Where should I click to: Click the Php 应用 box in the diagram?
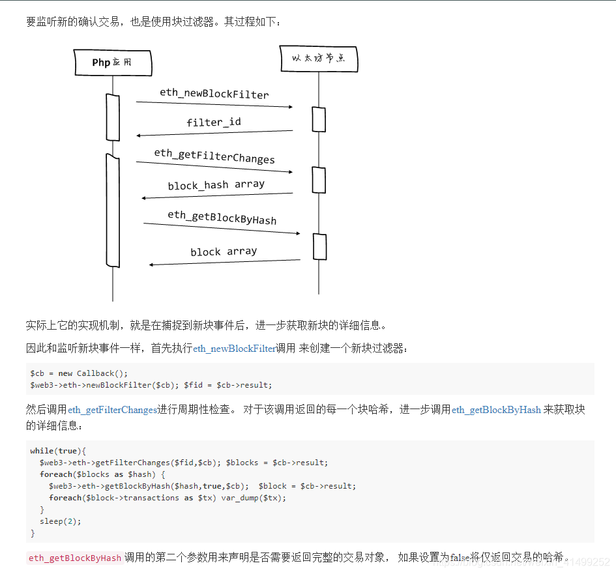(x=112, y=63)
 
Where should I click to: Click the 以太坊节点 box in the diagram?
(x=319, y=59)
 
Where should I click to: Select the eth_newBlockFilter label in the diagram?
(x=214, y=94)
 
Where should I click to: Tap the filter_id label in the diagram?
(x=214, y=122)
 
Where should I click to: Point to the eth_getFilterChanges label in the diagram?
(x=214, y=156)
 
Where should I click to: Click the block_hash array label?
(x=216, y=185)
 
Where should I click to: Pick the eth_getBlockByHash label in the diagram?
(x=222, y=217)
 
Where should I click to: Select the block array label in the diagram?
(x=224, y=251)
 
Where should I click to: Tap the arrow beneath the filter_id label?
(x=214, y=133)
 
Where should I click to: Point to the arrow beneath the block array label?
(x=224, y=263)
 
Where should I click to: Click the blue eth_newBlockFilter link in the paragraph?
(x=235, y=349)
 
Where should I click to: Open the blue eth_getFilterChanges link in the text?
(x=113, y=410)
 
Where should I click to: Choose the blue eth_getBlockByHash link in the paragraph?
(x=496, y=410)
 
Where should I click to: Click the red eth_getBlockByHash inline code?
(x=75, y=558)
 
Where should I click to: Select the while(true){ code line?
(x=58, y=451)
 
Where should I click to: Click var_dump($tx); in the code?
(x=254, y=498)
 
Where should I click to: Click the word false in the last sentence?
(x=460, y=558)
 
